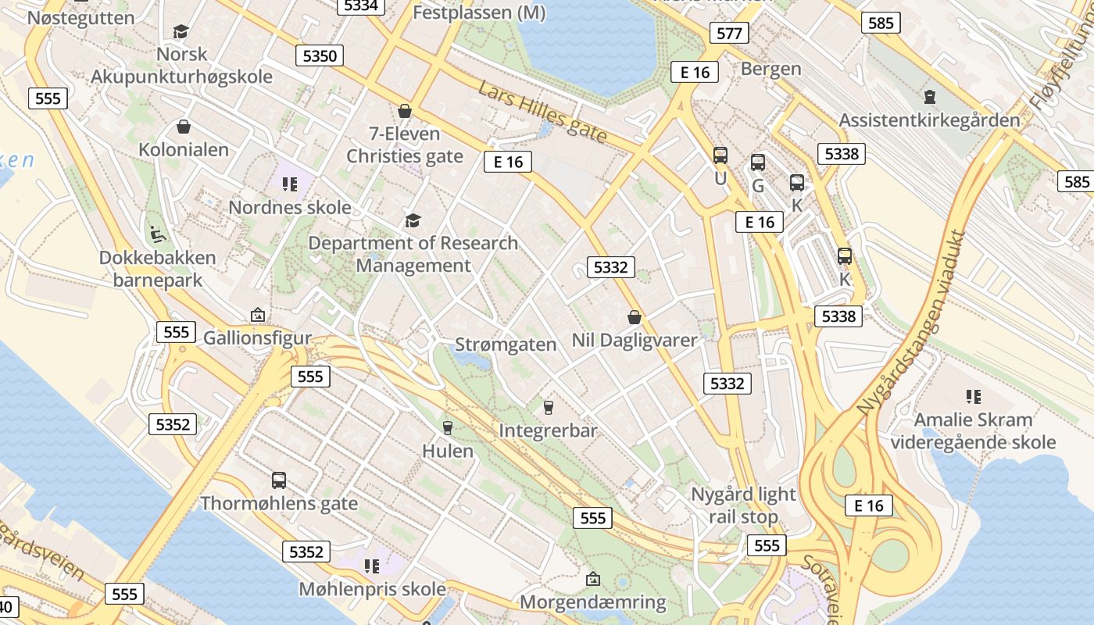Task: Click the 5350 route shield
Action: pos(320,55)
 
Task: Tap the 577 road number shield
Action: pos(729,33)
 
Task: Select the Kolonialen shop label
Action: pos(184,149)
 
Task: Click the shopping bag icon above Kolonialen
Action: pos(184,127)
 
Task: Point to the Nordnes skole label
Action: pos(289,208)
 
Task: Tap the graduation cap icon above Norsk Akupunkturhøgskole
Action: pos(181,31)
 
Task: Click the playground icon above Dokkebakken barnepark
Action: pos(157,233)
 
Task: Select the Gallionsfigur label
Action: pos(257,338)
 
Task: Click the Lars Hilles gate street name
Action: pos(542,112)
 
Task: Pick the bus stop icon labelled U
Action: pos(720,155)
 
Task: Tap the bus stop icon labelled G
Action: pos(758,162)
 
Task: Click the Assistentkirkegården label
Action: pos(929,120)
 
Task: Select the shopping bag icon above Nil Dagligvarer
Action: pos(635,317)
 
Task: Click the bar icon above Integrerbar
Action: pos(548,407)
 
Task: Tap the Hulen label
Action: pos(448,451)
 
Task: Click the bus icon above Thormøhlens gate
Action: pos(279,480)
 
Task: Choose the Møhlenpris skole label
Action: pos(373,588)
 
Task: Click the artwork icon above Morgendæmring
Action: pos(593,579)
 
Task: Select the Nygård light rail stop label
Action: pos(743,505)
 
